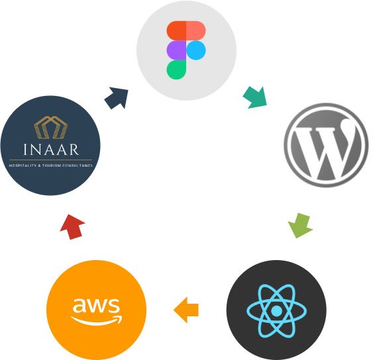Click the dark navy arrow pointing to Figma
pos(117,98)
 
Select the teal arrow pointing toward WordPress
pos(255,97)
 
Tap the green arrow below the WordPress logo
pos(300,225)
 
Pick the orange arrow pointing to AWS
pos(186,310)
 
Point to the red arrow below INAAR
pos(72,227)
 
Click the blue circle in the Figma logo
pos(196,50)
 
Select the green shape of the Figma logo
pos(176,69)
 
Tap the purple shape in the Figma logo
pos(176,50)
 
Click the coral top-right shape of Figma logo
pos(196,30)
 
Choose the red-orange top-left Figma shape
pos(176,30)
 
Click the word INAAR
pos(51,150)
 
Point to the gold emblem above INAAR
pos(51,128)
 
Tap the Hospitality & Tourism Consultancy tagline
pos(51,165)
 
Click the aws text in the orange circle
pos(96,305)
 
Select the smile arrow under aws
pos(97,320)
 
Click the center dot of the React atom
pos(276,311)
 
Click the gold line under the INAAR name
pos(51,159)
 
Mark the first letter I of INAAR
pos(25,150)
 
